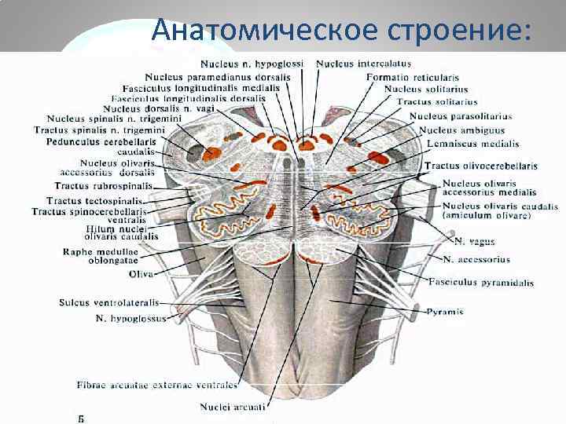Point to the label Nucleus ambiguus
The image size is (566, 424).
click(461, 130)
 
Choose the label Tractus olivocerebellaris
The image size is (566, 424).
click(481, 166)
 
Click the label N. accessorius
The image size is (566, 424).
click(476, 259)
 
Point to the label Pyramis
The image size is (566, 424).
click(445, 313)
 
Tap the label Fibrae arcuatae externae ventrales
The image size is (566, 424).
click(157, 386)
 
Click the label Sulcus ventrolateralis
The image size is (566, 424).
click(108, 302)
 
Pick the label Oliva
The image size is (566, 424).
click(142, 274)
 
